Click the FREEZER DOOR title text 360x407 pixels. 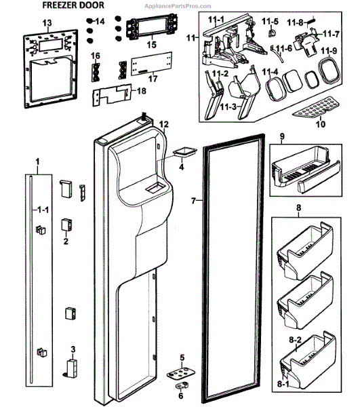coord(73,5)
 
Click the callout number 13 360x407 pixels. coord(47,23)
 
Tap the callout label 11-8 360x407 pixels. coord(295,23)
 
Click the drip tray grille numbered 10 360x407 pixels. coord(316,106)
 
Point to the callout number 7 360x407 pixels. coord(193,201)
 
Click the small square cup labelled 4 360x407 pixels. coord(184,153)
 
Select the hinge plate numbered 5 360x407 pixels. coord(181,373)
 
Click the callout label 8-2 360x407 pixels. coord(295,340)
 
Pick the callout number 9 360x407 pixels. coord(282,136)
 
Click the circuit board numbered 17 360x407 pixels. coord(152,64)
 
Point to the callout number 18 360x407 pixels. coord(141,91)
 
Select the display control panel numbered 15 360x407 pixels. coord(152,26)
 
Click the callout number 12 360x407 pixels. coord(163,125)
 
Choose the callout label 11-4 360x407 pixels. coord(270,72)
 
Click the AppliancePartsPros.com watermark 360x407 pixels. coord(178,6)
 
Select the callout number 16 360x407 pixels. coord(95,56)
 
